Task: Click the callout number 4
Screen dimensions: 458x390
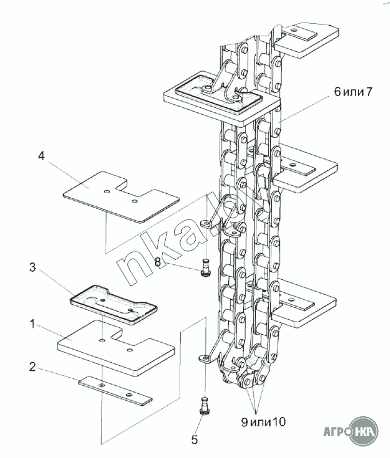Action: [42, 155]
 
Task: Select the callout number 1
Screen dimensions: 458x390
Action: [34, 324]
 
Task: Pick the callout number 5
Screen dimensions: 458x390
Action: [194, 440]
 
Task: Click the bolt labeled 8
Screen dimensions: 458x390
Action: [205, 269]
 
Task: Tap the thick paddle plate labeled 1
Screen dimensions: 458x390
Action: [115, 348]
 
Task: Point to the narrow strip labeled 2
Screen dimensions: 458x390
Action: [115, 389]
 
